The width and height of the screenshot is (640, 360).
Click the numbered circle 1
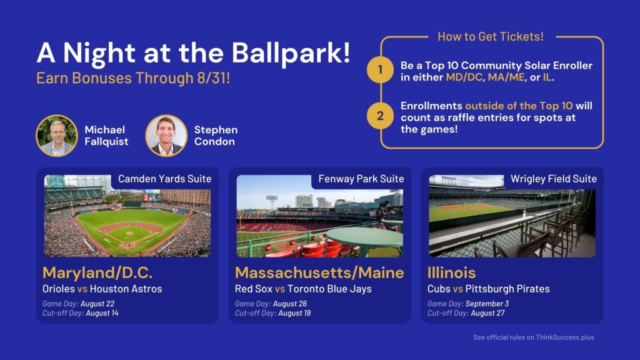pyautogui.click(x=380, y=70)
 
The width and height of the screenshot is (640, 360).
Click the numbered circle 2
pyautogui.click(x=380, y=116)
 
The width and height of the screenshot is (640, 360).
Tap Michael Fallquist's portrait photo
pyautogui.click(x=57, y=136)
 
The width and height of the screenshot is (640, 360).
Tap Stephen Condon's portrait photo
pyautogui.click(x=166, y=136)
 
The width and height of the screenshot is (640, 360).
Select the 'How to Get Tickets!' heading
pyautogui.click(x=490, y=37)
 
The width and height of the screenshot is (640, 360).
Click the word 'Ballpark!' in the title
pyautogui.click(x=291, y=54)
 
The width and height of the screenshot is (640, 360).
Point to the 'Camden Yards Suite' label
pyautogui.click(x=165, y=179)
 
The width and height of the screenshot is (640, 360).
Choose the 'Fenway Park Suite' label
pyautogui.click(x=361, y=179)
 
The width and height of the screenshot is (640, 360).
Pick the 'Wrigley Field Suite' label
pyautogui.click(x=554, y=179)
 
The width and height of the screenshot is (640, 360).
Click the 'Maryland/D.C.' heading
pyautogui.click(x=97, y=272)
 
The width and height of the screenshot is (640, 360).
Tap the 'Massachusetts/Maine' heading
pyautogui.click(x=319, y=272)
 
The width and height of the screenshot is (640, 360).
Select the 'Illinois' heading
pyautogui.click(x=451, y=272)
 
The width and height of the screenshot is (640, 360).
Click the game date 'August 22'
pyautogui.click(x=97, y=304)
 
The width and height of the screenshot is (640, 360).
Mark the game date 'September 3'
pyautogui.click(x=487, y=304)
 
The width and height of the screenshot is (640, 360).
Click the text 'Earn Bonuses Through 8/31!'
pyautogui.click(x=133, y=78)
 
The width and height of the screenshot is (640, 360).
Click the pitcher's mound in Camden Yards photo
pyautogui.click(x=129, y=234)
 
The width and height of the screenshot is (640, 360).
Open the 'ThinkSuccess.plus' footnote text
pyautogui.click(x=565, y=337)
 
